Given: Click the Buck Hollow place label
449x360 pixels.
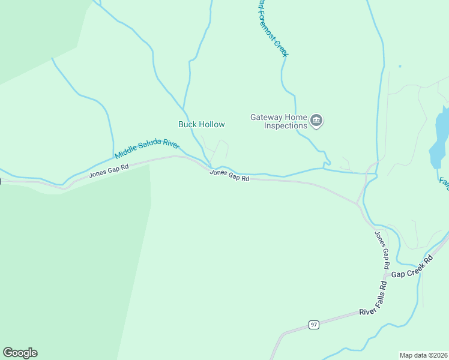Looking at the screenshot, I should point(202,125).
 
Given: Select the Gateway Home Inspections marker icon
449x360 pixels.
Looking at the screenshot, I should point(317,121).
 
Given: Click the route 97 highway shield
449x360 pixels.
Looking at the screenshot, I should point(314,325).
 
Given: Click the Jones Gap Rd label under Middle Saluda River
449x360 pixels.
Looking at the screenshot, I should point(109,170).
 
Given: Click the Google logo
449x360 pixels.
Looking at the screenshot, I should point(20,353).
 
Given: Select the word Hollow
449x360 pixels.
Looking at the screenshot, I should point(212,125).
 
